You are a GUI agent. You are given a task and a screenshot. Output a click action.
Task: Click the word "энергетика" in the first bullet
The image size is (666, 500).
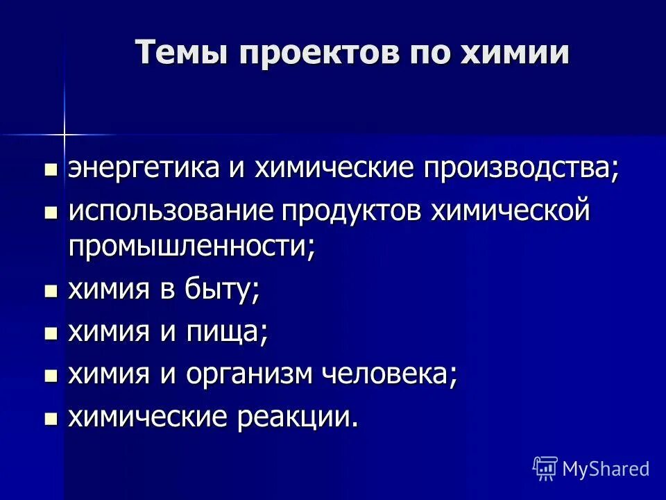tap(142, 169)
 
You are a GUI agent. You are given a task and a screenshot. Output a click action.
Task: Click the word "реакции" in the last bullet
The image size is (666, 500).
tap(300, 417)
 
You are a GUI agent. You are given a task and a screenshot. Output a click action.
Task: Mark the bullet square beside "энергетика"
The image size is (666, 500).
tap(51, 170)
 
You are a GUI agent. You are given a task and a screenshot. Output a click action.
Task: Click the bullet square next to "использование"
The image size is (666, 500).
tap(51, 212)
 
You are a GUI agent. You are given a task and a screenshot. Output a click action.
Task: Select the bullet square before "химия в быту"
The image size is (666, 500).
tap(51, 291)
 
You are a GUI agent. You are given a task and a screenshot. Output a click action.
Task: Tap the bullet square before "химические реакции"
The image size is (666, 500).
tap(51, 419)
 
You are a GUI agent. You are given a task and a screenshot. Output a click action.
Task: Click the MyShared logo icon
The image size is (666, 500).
tap(545, 469)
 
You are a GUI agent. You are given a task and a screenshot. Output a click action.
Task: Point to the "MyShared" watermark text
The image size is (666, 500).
tap(606, 469)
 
